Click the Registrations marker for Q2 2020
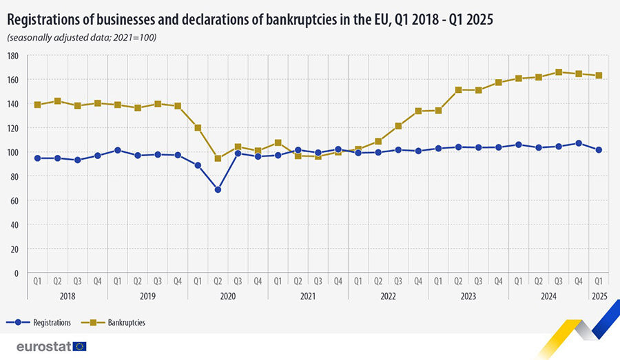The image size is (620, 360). click(x=218, y=189)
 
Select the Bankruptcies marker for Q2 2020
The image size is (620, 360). click(x=218, y=158)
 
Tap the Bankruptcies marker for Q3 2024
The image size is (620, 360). click(x=559, y=72)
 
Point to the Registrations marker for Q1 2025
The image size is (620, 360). click(x=599, y=150)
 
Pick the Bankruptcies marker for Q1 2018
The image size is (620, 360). click(x=37, y=105)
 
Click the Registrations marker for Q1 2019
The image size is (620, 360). click(x=118, y=150)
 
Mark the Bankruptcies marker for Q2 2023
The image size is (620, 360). click(x=458, y=89)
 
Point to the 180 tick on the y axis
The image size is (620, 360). click(x=13, y=56)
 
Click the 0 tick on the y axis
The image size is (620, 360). click(x=17, y=273)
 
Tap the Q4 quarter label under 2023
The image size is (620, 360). click(x=498, y=281)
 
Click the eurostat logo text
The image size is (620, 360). click(x=43, y=346)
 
